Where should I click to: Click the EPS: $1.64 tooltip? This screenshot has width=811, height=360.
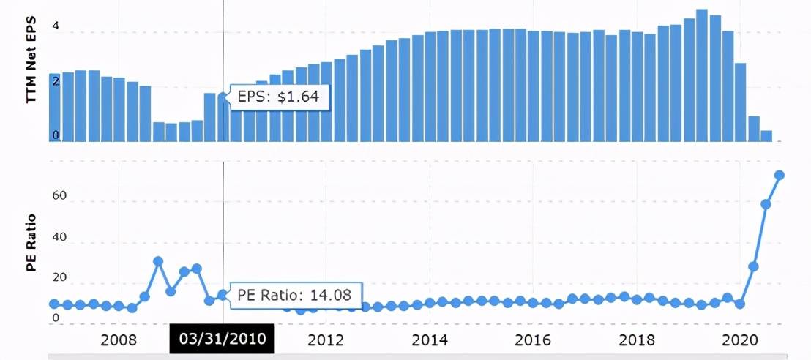(x=274, y=96)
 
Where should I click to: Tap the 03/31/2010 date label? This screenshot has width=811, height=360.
(x=222, y=340)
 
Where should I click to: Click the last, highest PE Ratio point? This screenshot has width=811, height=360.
(x=780, y=175)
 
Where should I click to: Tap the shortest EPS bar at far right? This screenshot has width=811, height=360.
(x=766, y=135)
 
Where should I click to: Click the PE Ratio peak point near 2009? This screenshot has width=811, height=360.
(x=158, y=261)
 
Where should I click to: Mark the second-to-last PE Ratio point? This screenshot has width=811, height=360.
(x=766, y=204)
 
